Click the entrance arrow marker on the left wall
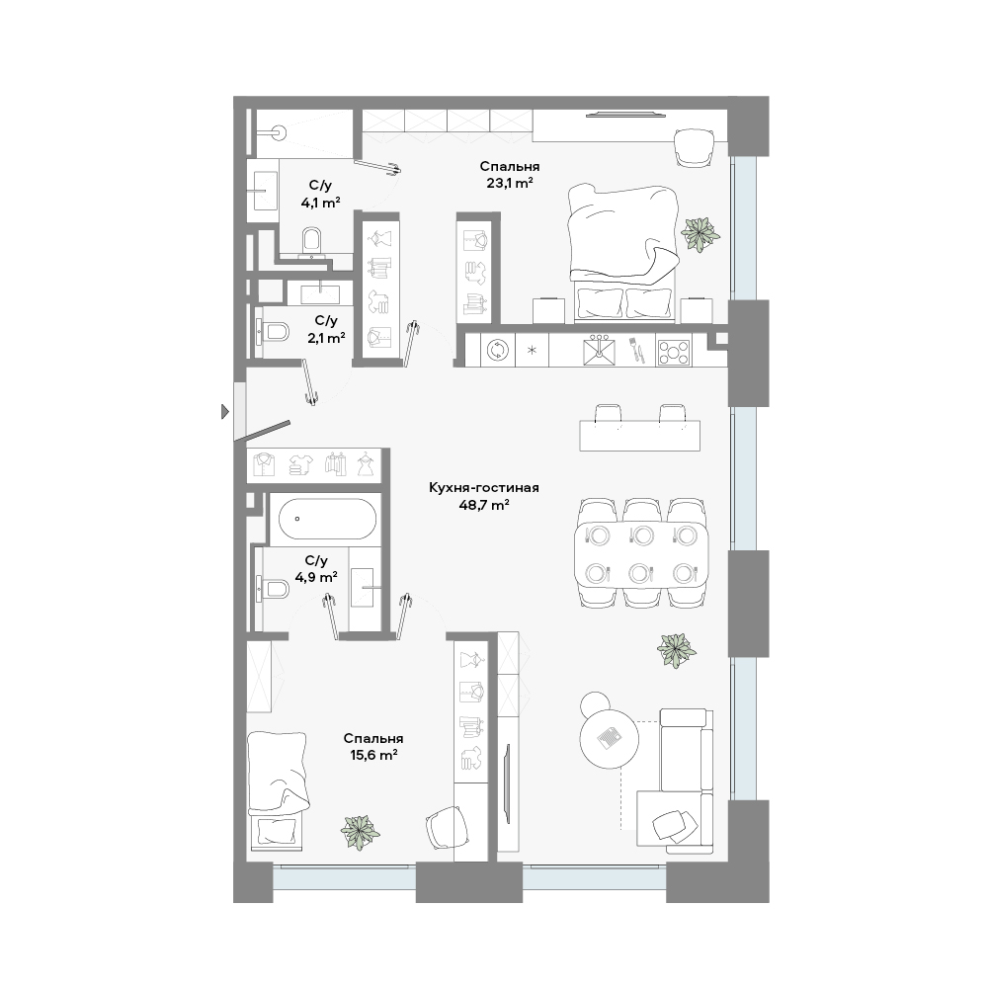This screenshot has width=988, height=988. coord(225,412)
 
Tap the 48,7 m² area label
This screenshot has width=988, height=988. coord(484,505)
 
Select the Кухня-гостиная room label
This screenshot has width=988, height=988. coord(484,488)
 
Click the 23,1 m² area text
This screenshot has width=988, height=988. coord(510,184)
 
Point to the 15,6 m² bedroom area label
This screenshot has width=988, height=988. coord(373,755)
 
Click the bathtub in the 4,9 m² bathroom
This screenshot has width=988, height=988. coord(327,519)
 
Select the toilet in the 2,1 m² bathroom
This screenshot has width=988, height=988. coord(274,331)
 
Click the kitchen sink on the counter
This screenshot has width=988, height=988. coord(599,351)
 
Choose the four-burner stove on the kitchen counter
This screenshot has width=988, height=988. coord(673,352)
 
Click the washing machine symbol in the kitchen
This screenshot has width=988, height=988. coord(498,351)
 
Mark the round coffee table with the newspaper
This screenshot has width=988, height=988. coord(610,738)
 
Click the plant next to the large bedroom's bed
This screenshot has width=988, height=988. coord(700,234)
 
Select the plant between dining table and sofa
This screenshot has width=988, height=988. coord(676,651)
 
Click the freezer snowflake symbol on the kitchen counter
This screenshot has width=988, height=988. coord(532,351)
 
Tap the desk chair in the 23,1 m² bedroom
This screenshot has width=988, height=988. coord(694,146)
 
